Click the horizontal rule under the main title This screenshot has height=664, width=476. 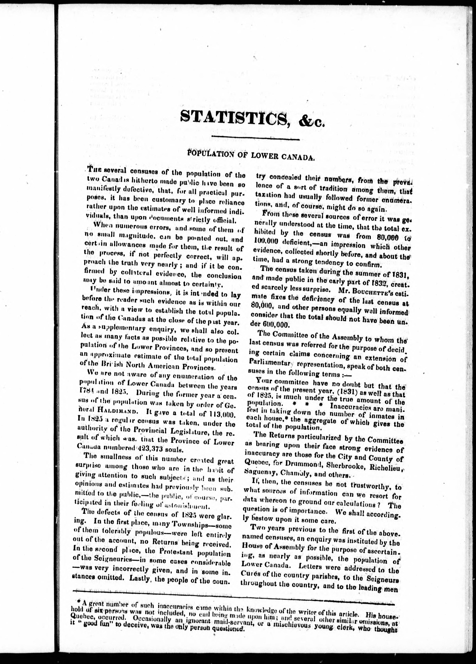click(256, 139)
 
